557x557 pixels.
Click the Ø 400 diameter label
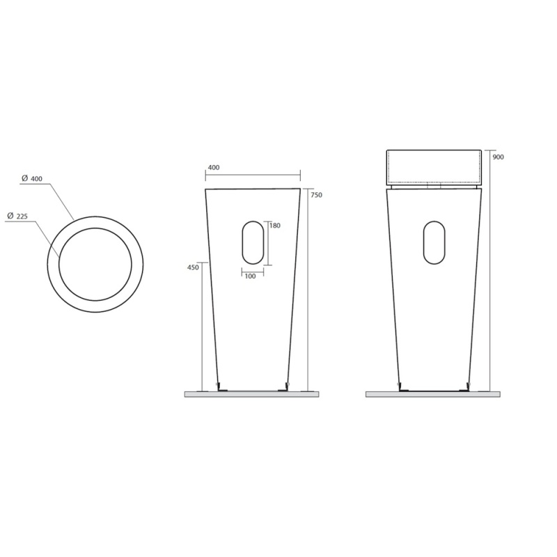click(x=31, y=179)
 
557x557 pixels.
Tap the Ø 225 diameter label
click(x=17, y=216)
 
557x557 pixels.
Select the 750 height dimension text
click(x=316, y=195)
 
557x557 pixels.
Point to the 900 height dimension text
click(x=498, y=157)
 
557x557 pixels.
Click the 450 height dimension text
click(x=193, y=268)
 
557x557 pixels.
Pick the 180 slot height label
click(x=275, y=226)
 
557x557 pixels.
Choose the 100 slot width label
click(x=250, y=276)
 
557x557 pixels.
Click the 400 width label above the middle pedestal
click(x=213, y=168)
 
